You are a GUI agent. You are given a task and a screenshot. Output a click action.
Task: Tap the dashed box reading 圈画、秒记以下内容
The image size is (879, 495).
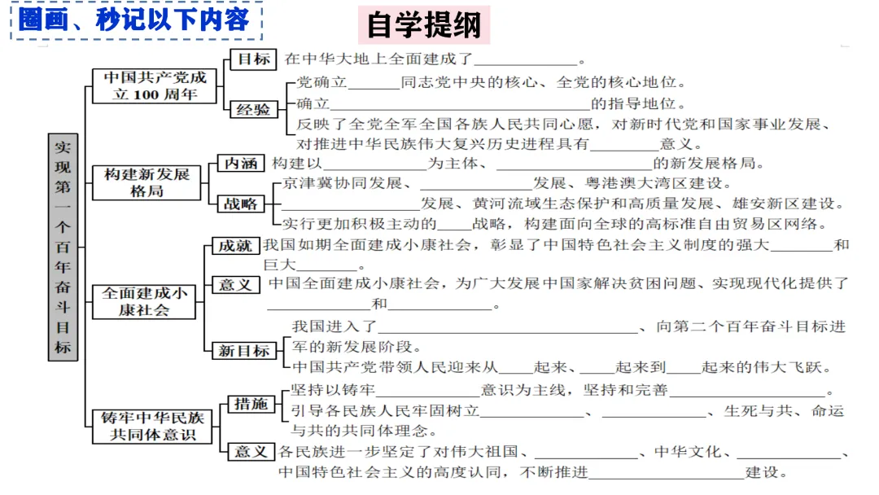pyautogui.click(x=135, y=20)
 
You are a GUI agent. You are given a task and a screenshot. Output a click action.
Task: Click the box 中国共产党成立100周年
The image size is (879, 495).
pyautogui.click(x=155, y=85)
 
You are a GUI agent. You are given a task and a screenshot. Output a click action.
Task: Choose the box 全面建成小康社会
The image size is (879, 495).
pyautogui.click(x=144, y=301)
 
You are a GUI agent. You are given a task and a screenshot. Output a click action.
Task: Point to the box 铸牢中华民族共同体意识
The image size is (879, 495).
pyautogui.click(x=153, y=426)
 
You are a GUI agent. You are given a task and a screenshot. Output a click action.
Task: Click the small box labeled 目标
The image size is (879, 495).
pyautogui.click(x=253, y=59)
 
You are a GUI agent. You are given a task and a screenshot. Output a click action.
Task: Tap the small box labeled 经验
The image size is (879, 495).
pyautogui.click(x=253, y=110)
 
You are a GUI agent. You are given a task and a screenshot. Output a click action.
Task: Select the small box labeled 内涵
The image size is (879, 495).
pyautogui.click(x=241, y=164)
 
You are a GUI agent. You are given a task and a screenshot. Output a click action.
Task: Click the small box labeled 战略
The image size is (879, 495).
pyautogui.click(x=240, y=204)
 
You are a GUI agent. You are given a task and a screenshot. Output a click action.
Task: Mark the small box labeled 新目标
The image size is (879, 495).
pyautogui.click(x=243, y=351)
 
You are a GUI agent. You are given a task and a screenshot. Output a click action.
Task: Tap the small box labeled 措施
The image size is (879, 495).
pyautogui.click(x=251, y=404)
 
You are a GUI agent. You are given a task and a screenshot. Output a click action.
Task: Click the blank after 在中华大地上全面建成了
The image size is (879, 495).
pyautogui.click(x=525, y=60)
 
